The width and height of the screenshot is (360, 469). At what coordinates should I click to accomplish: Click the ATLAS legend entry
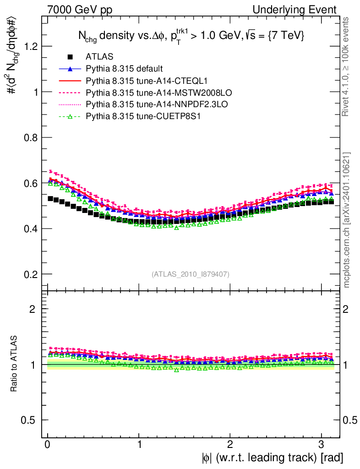[96, 57]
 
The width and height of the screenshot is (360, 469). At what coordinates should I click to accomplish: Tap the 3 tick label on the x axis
[321, 444]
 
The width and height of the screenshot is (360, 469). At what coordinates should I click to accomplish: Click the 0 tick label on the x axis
[48, 444]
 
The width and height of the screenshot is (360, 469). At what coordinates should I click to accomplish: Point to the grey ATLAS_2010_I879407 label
[191, 274]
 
